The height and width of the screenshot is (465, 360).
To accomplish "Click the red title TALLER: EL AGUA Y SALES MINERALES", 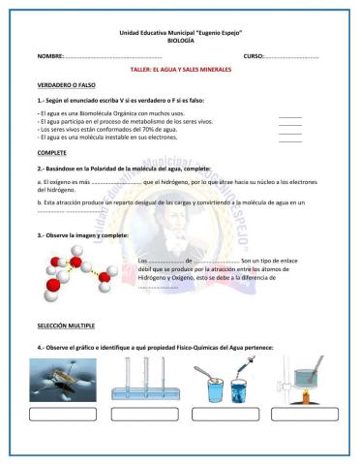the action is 180,72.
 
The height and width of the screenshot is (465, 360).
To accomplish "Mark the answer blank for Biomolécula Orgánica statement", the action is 289,115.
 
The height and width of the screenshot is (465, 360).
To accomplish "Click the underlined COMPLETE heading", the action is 52,153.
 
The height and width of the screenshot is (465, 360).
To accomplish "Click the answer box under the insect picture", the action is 63,416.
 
